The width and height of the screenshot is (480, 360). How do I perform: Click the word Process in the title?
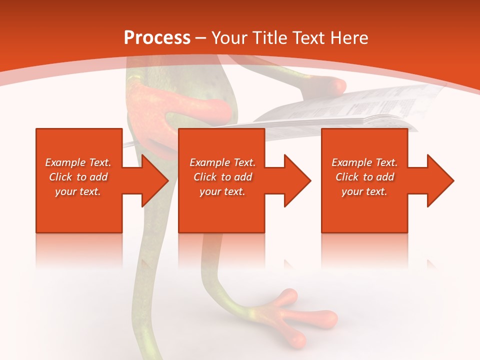pos(157,38)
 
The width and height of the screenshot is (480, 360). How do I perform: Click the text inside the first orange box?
pos(78,177)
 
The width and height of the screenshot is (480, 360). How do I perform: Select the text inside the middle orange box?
pos(222,177)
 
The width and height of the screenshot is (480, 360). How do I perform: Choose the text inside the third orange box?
pos(364,177)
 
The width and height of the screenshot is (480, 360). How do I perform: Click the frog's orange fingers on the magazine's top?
pos(330,85)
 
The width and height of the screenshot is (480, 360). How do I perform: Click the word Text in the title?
pos(308,38)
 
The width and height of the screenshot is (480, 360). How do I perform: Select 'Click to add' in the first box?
pos(78,177)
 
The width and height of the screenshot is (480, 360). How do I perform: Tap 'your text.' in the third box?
pos(364,191)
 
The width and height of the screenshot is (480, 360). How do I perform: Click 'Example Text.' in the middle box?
pos(222,162)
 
